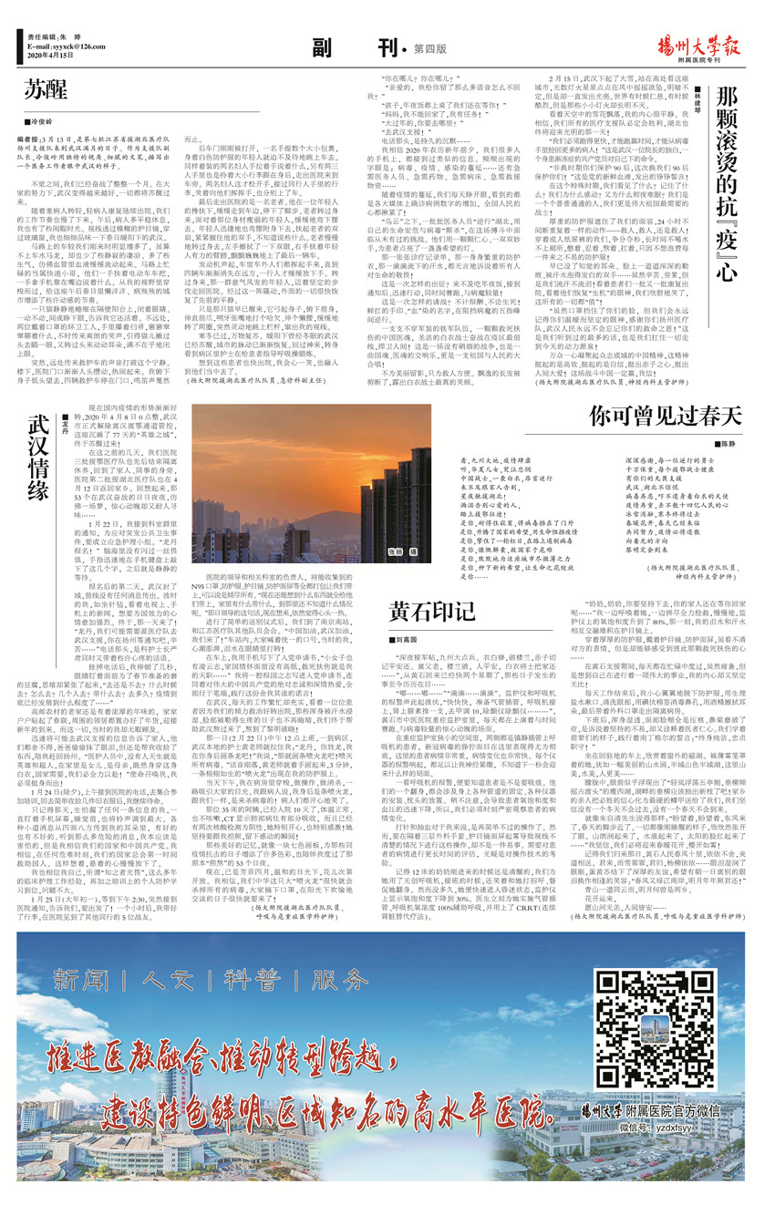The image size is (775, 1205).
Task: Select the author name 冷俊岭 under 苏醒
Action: click(45, 120)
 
